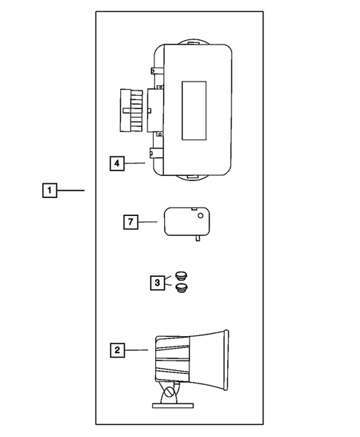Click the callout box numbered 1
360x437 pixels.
click(48, 191)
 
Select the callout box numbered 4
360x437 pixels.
click(117, 162)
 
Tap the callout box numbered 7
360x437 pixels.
click(130, 221)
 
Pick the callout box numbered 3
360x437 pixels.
click(157, 282)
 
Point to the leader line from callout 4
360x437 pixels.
click(135, 162)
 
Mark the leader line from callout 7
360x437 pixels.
click(148, 221)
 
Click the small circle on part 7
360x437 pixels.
click(200, 216)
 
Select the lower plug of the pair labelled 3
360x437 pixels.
click(181, 286)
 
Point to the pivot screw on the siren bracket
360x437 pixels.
click(172, 392)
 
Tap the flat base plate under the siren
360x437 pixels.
click(174, 404)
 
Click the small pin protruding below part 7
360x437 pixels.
click(197, 238)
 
